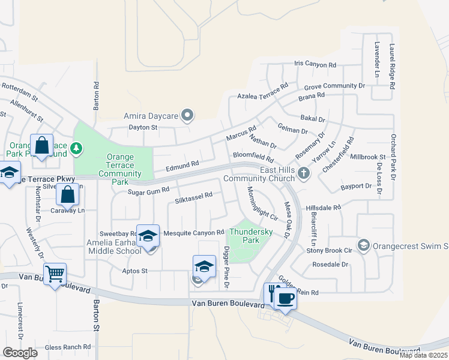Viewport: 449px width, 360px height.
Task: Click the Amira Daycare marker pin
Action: [187, 114]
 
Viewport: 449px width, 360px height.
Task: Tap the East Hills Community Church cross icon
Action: [304, 174]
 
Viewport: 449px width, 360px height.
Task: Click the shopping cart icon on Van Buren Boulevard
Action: [55, 274]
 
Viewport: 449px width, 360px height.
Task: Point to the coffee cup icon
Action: [286, 298]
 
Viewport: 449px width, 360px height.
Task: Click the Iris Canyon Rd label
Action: [315, 64]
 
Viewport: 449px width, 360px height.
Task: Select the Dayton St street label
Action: [143, 127]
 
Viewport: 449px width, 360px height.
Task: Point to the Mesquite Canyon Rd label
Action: [194, 232]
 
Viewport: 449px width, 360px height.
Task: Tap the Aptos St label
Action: [135, 271]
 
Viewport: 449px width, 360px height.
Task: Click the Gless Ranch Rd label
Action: [68, 347]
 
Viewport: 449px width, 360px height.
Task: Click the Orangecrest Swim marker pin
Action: [363, 245]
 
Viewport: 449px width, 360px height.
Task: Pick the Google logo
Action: [20, 353]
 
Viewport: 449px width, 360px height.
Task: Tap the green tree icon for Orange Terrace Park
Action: [76, 147]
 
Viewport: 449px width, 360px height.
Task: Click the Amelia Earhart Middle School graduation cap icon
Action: [147, 236]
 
